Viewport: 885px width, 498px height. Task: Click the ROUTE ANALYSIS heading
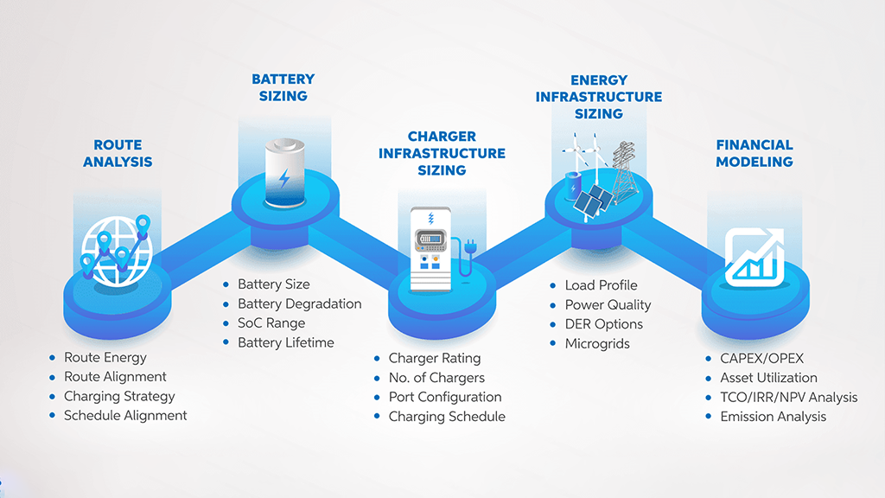118,154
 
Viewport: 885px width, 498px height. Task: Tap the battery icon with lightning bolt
285,173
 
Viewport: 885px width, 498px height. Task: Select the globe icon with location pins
117,250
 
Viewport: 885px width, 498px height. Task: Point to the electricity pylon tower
624,171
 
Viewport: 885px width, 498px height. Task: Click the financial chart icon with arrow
754,257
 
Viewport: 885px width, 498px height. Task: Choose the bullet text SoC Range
271,323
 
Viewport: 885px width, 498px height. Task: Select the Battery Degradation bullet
300,303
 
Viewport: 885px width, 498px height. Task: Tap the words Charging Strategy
119,396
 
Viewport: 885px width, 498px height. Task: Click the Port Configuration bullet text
445,397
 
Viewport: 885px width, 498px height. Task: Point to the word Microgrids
597,344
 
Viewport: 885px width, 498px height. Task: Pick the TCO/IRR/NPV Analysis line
789,398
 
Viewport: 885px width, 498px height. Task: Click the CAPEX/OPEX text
762,359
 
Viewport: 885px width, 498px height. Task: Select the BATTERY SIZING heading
283,87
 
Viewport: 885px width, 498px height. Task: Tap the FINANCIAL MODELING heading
754,154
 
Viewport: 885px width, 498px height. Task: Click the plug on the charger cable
470,246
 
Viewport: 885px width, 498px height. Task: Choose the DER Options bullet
604,324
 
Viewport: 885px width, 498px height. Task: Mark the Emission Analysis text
774,417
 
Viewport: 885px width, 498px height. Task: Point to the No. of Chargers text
436,378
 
